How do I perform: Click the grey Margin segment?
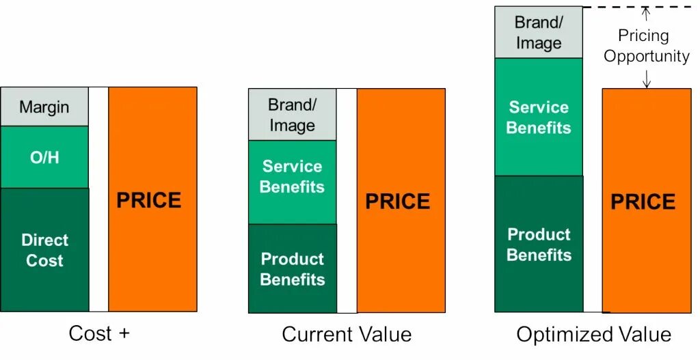pyautogui.click(x=44, y=107)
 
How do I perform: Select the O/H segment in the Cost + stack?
pyautogui.click(x=44, y=157)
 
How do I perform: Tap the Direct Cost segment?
pyautogui.click(x=44, y=250)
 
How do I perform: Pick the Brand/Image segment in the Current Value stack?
pyautogui.click(x=292, y=115)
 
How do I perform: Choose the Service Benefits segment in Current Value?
pyautogui.click(x=292, y=176)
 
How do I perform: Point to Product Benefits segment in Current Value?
pyautogui.click(x=292, y=269)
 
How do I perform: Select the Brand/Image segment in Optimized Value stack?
pyautogui.click(x=539, y=32)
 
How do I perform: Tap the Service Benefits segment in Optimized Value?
pyautogui.click(x=539, y=117)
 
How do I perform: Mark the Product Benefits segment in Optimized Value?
pyautogui.click(x=539, y=245)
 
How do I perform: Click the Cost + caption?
pyautogui.click(x=99, y=334)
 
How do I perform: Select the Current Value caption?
pyautogui.click(x=347, y=335)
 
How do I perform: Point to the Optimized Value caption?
pyautogui.click(x=593, y=335)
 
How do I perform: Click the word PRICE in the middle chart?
pyautogui.click(x=397, y=202)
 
